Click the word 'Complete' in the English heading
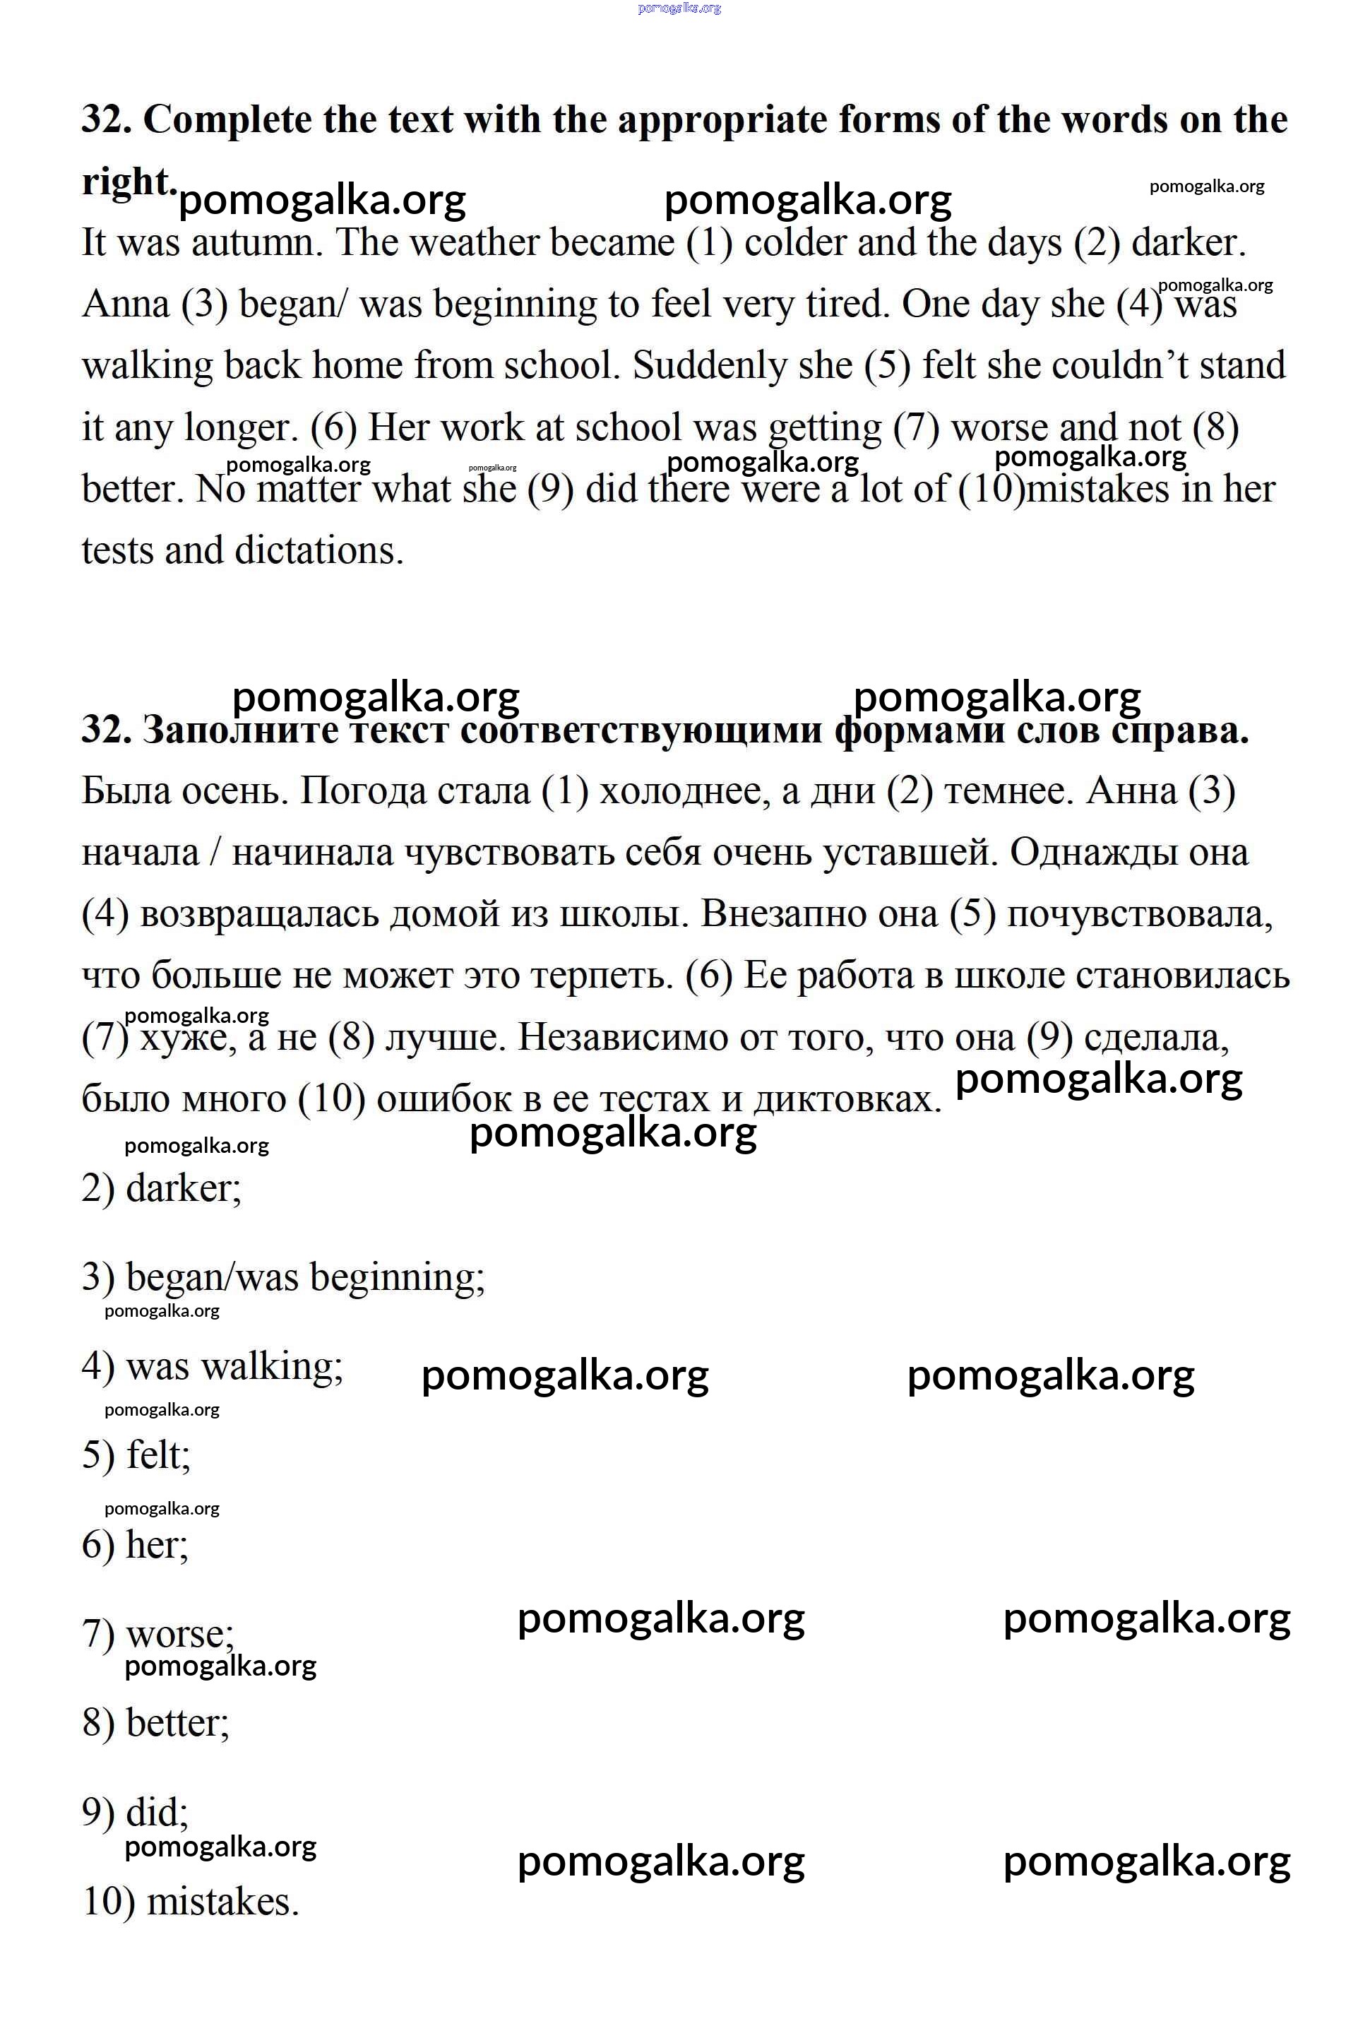coord(227,120)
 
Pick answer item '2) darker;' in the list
coord(162,1188)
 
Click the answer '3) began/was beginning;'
coord(283,1278)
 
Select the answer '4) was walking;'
coord(212,1367)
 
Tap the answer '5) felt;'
coord(136,1456)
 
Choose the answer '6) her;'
coord(135,1545)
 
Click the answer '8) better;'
coord(156,1723)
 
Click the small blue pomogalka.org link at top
coord(679,8)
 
